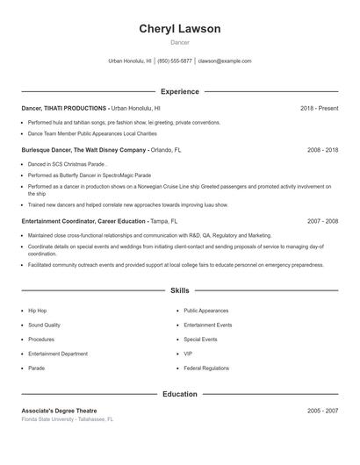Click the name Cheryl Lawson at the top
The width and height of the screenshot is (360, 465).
[x=179, y=29]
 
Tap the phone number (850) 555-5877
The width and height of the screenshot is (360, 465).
[x=175, y=61]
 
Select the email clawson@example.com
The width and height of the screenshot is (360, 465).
[x=225, y=61]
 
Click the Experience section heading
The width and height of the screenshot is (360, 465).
[x=179, y=91]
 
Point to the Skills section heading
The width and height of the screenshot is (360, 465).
[x=179, y=290]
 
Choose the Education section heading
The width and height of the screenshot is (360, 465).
[x=179, y=394]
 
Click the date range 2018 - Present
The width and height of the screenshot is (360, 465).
[x=319, y=108]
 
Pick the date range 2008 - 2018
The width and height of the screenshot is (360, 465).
[x=322, y=150]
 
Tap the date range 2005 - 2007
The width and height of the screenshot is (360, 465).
[x=322, y=411]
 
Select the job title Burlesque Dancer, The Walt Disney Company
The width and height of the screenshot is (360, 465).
[x=83, y=150]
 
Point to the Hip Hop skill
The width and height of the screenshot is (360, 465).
[x=38, y=311]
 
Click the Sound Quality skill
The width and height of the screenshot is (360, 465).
[x=44, y=325]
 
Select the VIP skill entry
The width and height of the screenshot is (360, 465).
[x=188, y=354]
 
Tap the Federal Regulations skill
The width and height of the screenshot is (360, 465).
[x=206, y=368]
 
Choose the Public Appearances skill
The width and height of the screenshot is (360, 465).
[x=206, y=311]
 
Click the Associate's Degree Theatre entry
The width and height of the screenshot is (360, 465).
[x=59, y=411]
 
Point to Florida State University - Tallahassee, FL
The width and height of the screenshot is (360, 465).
[x=68, y=419]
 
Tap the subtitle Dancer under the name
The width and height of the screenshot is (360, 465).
[x=179, y=42]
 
